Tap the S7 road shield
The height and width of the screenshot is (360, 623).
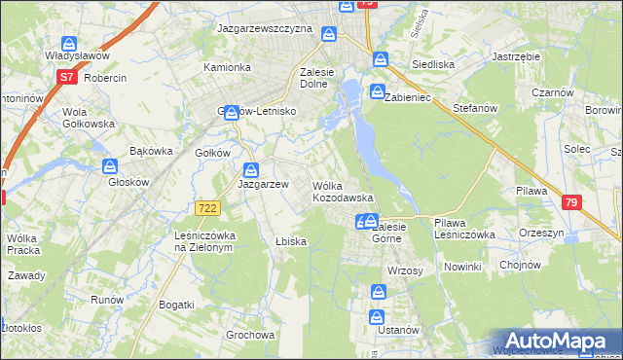point(66,76)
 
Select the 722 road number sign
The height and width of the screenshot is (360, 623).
point(206,208)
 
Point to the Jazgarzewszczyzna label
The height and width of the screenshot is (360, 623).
point(265,30)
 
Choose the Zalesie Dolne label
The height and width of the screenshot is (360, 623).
point(324,78)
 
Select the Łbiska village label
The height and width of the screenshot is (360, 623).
point(291,242)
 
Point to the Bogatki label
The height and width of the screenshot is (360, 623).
point(176,305)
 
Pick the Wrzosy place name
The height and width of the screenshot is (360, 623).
point(404,270)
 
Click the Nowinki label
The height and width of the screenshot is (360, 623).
point(461,267)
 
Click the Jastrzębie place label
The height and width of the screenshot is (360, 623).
point(516,57)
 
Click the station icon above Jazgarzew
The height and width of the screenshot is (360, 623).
point(251,168)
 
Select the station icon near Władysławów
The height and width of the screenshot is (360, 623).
point(69,44)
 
